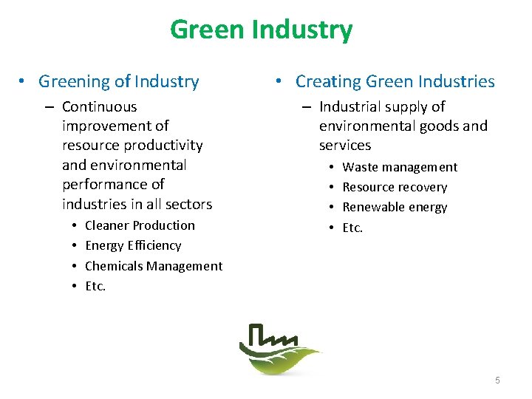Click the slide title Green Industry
point(261,30)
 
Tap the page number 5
point(497,380)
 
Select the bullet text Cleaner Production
point(140,225)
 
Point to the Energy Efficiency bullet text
point(133,245)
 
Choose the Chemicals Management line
point(154,266)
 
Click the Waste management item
point(400,167)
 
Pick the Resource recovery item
point(395,187)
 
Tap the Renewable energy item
point(395,207)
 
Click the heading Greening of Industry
point(118,81)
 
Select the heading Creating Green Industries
point(395,81)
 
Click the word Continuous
point(99,106)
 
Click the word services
point(345,146)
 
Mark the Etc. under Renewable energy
point(352,228)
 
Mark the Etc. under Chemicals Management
point(95,286)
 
